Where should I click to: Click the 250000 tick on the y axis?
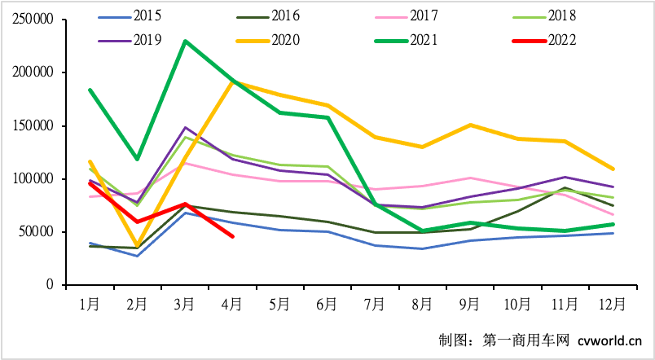[31, 20]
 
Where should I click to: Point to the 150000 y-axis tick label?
[31, 126]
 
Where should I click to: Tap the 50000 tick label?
[34, 232]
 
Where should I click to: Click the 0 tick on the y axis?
[51, 285]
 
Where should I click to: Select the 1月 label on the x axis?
[90, 304]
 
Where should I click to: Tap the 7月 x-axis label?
[375, 304]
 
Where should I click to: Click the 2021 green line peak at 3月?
[185, 41]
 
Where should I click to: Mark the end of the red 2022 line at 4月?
[233, 236]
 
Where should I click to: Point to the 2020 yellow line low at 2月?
[137, 246]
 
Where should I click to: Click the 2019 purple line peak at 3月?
[185, 128]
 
